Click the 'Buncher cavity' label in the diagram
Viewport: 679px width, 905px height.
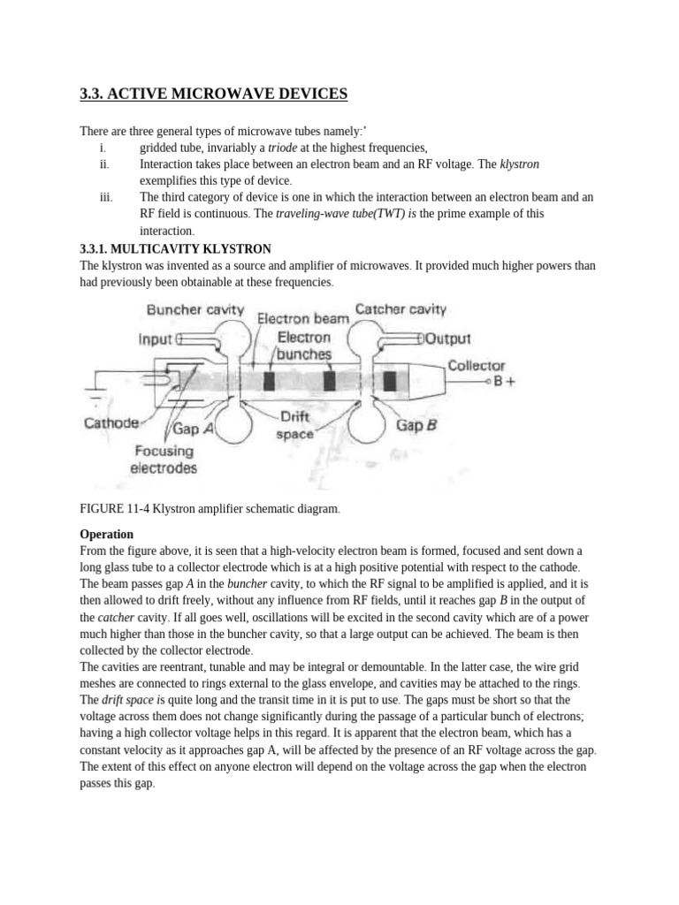click(194, 310)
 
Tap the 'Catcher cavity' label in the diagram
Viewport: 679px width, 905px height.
click(401, 309)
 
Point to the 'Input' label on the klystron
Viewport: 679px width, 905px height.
click(156, 338)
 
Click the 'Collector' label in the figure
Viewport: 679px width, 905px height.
click(476, 364)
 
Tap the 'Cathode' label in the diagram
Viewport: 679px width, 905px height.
click(111, 422)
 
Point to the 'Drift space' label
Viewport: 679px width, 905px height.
click(295, 425)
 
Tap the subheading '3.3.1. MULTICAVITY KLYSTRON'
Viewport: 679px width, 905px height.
click(175, 248)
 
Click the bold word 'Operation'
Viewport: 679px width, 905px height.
click(106, 534)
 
